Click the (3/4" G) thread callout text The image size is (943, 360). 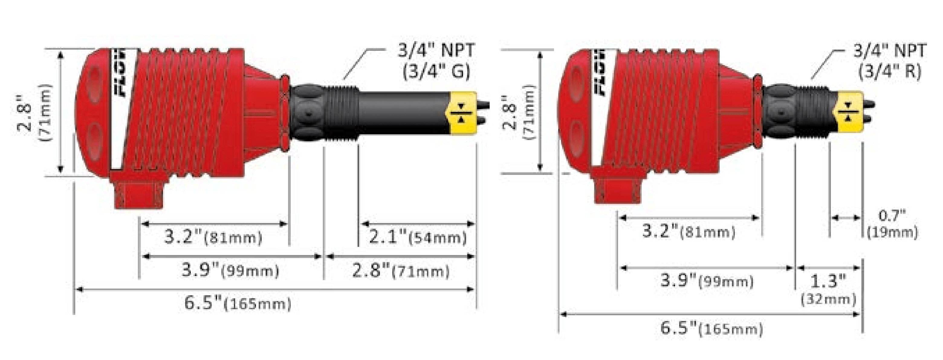(436, 71)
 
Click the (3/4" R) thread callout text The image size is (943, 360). (890, 71)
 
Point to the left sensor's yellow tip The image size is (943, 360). (462, 113)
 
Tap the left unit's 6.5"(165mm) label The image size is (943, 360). (238, 304)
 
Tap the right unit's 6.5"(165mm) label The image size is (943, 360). (712, 328)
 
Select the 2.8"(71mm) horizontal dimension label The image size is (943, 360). (400, 271)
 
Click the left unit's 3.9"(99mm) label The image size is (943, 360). (231, 271)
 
